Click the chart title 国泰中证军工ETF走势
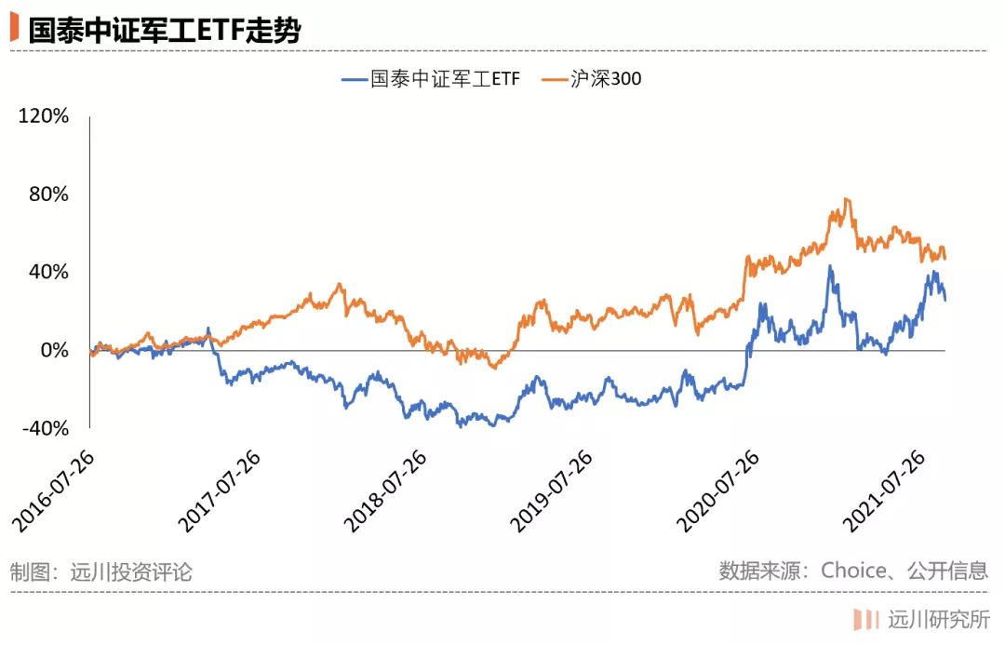pyautogui.click(x=164, y=30)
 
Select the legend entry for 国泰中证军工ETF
pyautogui.click(x=431, y=79)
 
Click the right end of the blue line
pyautogui.click(x=945, y=300)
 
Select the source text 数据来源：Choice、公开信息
pyautogui.click(x=853, y=571)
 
